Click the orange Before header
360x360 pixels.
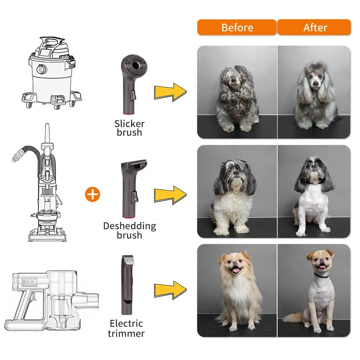click(237, 27)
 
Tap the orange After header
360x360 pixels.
click(314, 27)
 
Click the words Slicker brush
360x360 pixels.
click(129, 128)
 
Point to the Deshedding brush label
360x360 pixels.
click(129, 230)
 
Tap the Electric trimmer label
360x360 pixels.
click(126, 328)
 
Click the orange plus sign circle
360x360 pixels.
click(93, 194)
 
